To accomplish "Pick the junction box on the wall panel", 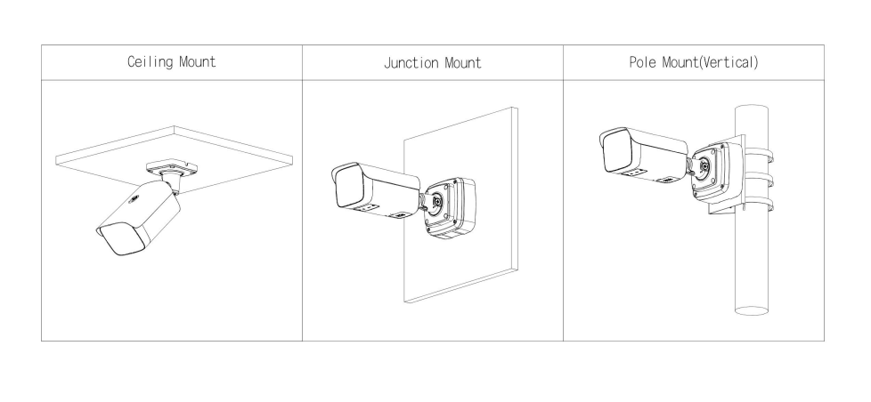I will tap(448, 208).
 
